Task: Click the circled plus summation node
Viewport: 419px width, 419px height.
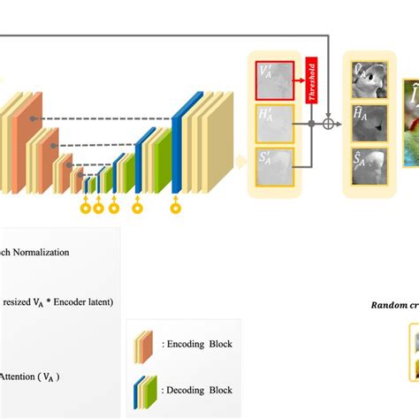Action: [329, 125]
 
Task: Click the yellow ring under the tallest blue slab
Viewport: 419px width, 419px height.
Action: [175, 209]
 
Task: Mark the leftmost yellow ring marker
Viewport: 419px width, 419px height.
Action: [86, 209]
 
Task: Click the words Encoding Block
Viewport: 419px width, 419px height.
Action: [196, 343]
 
